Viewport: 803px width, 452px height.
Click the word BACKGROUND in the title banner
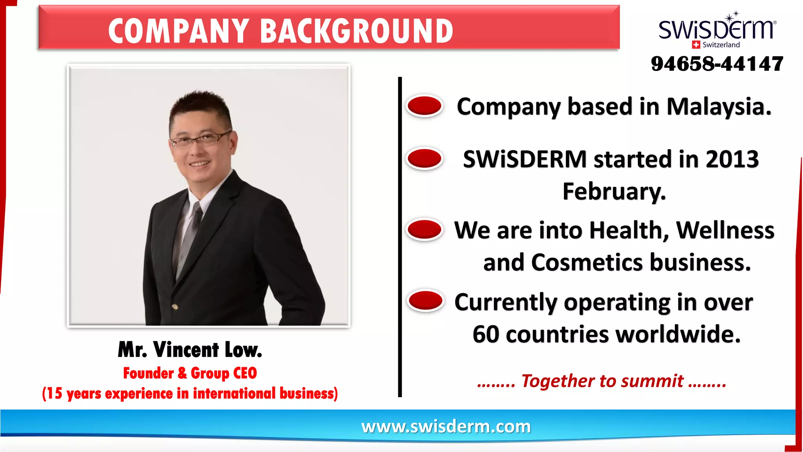click(x=356, y=31)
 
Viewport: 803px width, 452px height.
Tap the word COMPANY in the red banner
click(x=178, y=31)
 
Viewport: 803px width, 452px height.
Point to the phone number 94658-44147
click(x=717, y=64)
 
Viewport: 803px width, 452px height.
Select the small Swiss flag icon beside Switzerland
click(x=696, y=45)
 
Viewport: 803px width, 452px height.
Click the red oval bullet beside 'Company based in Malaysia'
click(x=425, y=106)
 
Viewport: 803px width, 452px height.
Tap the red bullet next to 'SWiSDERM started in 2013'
click(x=425, y=159)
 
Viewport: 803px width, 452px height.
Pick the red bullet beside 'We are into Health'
click(x=425, y=230)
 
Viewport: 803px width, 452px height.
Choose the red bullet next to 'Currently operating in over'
click(x=425, y=301)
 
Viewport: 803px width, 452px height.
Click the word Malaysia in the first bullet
click(x=719, y=107)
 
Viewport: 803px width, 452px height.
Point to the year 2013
click(x=732, y=159)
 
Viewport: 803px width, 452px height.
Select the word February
click(x=614, y=191)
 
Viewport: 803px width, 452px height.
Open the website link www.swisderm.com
click(x=446, y=426)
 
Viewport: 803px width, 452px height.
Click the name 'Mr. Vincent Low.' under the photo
click(x=190, y=350)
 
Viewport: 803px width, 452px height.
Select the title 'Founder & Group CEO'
click(x=190, y=373)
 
